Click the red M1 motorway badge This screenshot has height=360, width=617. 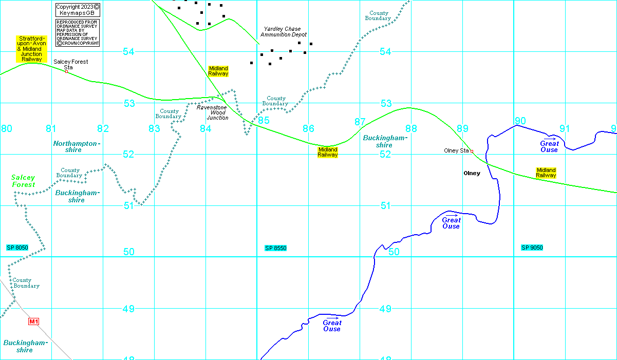pyautogui.click(x=33, y=321)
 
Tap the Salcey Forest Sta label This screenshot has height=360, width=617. pyautogui.click(x=70, y=64)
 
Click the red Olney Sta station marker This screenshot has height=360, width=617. pyautogui.click(x=472, y=151)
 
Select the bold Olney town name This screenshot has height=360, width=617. pyautogui.click(x=472, y=173)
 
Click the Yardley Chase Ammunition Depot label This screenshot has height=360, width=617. pyautogui.click(x=283, y=32)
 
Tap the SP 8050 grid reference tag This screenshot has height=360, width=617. pyautogui.click(x=17, y=248)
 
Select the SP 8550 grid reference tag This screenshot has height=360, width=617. pyautogui.click(x=275, y=248)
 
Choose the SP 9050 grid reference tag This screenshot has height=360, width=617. pyautogui.click(x=532, y=248)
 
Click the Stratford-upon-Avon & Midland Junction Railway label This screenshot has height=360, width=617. pyautogui.click(x=32, y=49)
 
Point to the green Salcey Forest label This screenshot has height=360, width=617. pyautogui.click(x=24, y=181)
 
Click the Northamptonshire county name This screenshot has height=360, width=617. pyautogui.click(x=74, y=147)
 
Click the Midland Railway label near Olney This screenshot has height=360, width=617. pyautogui.click(x=546, y=173)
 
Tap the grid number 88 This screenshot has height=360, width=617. pyautogui.click(x=410, y=128)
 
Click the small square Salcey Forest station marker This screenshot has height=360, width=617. pyautogui.click(x=66, y=71)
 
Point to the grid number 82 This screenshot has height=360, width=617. pyautogui.click(x=103, y=128)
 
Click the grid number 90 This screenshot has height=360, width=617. pyautogui.click(x=520, y=121)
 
